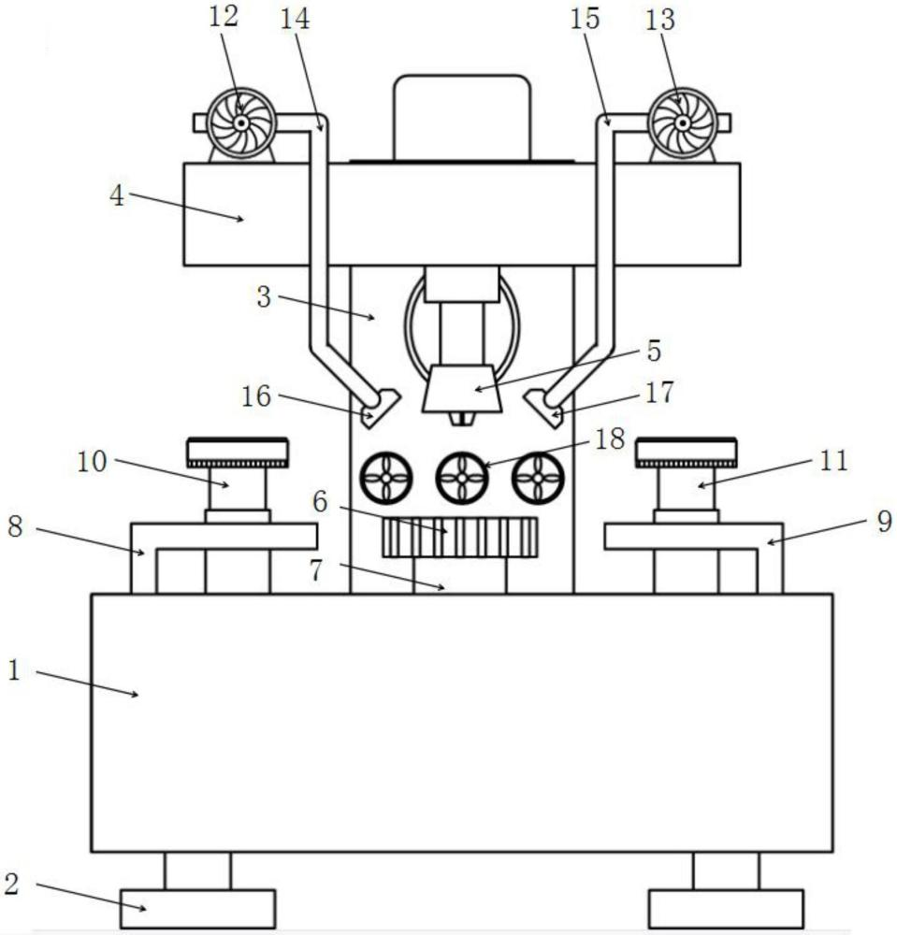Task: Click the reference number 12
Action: pyautogui.click(x=224, y=17)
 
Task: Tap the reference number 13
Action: pyautogui.click(x=660, y=20)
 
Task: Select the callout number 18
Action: pyautogui.click(x=610, y=439)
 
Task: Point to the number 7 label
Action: pyautogui.click(x=317, y=570)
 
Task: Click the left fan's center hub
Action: pyautogui.click(x=240, y=123)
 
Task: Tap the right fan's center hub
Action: pyautogui.click(x=682, y=123)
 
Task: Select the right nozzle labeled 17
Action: pyautogui.click(x=544, y=409)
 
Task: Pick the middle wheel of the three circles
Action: pyautogui.click(x=462, y=478)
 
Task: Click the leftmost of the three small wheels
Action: pyautogui.click(x=386, y=478)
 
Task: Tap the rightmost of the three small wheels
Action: pyautogui.click(x=538, y=478)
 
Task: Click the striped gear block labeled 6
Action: pyautogui.click(x=459, y=538)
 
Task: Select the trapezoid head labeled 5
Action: pyautogui.click(x=462, y=389)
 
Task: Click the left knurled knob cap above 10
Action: pyautogui.click(x=238, y=453)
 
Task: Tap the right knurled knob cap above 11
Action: pyautogui.click(x=686, y=453)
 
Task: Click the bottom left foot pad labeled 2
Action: pyautogui.click(x=197, y=909)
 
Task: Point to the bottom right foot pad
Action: pyautogui.click(x=726, y=909)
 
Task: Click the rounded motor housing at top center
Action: pyautogui.click(x=462, y=118)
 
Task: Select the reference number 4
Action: pyautogui.click(x=117, y=195)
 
